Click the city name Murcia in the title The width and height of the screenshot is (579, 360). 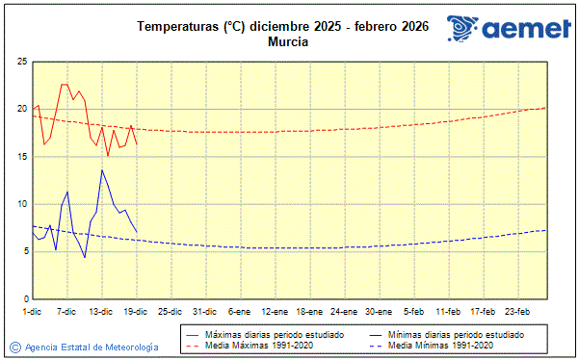point(288,41)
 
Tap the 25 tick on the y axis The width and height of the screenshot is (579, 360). point(21,62)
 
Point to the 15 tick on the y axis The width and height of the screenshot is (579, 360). point(21,157)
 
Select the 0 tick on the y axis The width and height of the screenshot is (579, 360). point(24,299)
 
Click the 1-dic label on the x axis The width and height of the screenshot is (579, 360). point(32,312)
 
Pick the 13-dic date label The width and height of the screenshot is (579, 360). point(101,312)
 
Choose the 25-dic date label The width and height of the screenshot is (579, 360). point(171,312)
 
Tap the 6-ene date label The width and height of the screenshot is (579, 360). point(240,312)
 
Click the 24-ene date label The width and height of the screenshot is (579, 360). point(344,312)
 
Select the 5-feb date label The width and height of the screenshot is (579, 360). point(414,312)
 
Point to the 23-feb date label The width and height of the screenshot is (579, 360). point(518,312)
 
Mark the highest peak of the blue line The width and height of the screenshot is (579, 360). point(102,170)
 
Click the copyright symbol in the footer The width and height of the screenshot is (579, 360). point(15,347)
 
